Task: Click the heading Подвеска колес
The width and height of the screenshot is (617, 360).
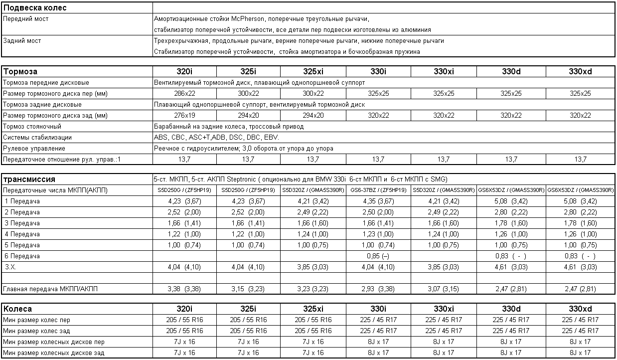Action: coord(35,8)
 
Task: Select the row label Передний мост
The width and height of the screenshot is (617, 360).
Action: coord(26,19)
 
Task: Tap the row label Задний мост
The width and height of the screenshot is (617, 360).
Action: coord(22,41)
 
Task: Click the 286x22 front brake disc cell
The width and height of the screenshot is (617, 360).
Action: coord(182,94)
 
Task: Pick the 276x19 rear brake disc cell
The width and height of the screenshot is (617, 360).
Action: coord(182,116)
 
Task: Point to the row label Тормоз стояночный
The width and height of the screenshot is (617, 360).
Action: coord(32,127)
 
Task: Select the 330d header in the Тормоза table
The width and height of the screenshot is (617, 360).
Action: coord(511,72)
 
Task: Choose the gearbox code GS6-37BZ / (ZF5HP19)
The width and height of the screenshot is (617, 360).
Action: coord(378,190)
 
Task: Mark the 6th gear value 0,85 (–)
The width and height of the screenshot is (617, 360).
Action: coord(378,256)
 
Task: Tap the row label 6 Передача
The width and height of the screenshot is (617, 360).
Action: coord(22,256)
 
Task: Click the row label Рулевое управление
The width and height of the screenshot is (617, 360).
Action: coord(34,149)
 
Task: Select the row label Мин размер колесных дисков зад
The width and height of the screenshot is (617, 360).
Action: coord(54,353)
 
